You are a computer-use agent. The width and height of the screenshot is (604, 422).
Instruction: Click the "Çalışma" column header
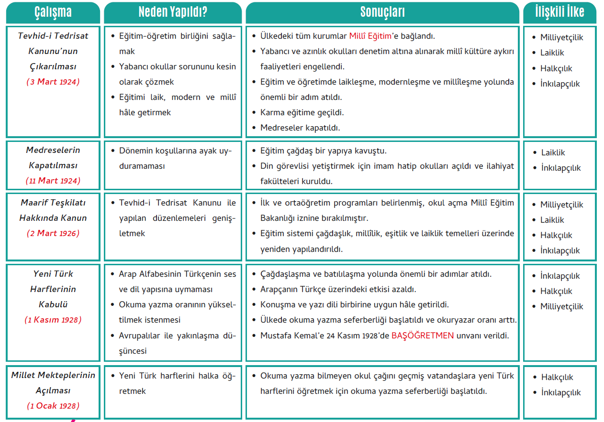[x=53, y=12]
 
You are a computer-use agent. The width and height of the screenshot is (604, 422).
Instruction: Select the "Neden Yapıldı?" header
[x=173, y=12]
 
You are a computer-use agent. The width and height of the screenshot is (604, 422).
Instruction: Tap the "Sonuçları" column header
[x=382, y=12]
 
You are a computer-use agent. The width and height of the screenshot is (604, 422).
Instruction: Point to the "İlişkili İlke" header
[x=559, y=12]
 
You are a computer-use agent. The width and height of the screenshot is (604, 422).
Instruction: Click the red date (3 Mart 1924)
[x=53, y=82]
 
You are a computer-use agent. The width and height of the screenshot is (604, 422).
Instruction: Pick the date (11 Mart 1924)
[x=53, y=181]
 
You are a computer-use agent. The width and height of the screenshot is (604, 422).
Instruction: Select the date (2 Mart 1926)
[x=53, y=233]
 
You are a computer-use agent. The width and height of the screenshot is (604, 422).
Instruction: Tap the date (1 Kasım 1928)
[x=53, y=320]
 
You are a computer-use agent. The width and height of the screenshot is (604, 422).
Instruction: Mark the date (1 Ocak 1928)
[x=53, y=406]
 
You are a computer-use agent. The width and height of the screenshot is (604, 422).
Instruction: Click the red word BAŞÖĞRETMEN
[x=422, y=335]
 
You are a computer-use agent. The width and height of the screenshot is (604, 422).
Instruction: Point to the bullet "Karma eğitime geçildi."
[x=302, y=113]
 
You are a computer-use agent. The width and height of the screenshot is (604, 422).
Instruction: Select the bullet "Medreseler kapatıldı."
[x=300, y=128]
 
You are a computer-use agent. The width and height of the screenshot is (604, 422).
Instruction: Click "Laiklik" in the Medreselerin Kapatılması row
[x=553, y=153]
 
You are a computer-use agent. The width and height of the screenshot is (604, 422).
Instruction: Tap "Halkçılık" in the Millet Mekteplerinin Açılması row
[x=557, y=378]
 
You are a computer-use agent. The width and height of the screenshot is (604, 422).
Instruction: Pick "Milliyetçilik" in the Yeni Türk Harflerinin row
[x=562, y=307]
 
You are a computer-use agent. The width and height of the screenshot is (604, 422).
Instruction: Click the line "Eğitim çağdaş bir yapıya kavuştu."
[x=323, y=151]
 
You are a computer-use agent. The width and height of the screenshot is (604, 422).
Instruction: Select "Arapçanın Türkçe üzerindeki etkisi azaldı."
[x=338, y=290]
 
